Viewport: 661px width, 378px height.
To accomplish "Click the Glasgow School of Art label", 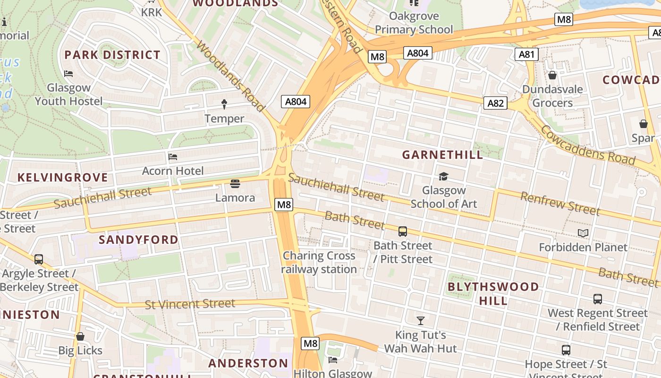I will [x=443, y=197].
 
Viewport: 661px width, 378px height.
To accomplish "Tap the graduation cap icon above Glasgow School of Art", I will [x=443, y=176].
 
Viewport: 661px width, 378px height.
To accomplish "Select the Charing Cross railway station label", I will [x=319, y=262].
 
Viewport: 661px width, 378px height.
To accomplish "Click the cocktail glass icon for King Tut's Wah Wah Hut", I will [x=421, y=321].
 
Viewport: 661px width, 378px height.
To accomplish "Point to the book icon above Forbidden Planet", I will [x=583, y=233].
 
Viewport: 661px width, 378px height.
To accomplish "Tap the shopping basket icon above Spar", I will [x=643, y=124].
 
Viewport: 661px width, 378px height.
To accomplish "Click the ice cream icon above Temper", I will [x=224, y=104].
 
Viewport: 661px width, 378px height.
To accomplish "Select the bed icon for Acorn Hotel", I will [x=173, y=156].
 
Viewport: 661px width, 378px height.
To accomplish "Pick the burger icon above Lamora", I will [x=235, y=183].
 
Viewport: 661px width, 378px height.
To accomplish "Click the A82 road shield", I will [x=495, y=103].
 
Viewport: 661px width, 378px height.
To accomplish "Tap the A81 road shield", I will [x=526, y=54].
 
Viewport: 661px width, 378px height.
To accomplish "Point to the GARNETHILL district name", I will [x=442, y=155].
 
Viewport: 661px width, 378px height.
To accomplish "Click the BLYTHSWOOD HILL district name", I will [x=493, y=293].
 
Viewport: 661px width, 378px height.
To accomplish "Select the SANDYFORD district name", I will [x=138, y=240].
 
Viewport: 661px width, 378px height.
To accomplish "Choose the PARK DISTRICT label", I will [x=112, y=55].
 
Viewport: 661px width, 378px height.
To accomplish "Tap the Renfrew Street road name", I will [x=559, y=204].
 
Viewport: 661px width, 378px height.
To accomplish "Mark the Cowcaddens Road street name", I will [x=588, y=145].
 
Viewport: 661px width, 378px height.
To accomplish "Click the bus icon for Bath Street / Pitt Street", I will [x=402, y=231].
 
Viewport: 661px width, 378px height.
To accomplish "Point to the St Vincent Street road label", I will [x=190, y=304].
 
